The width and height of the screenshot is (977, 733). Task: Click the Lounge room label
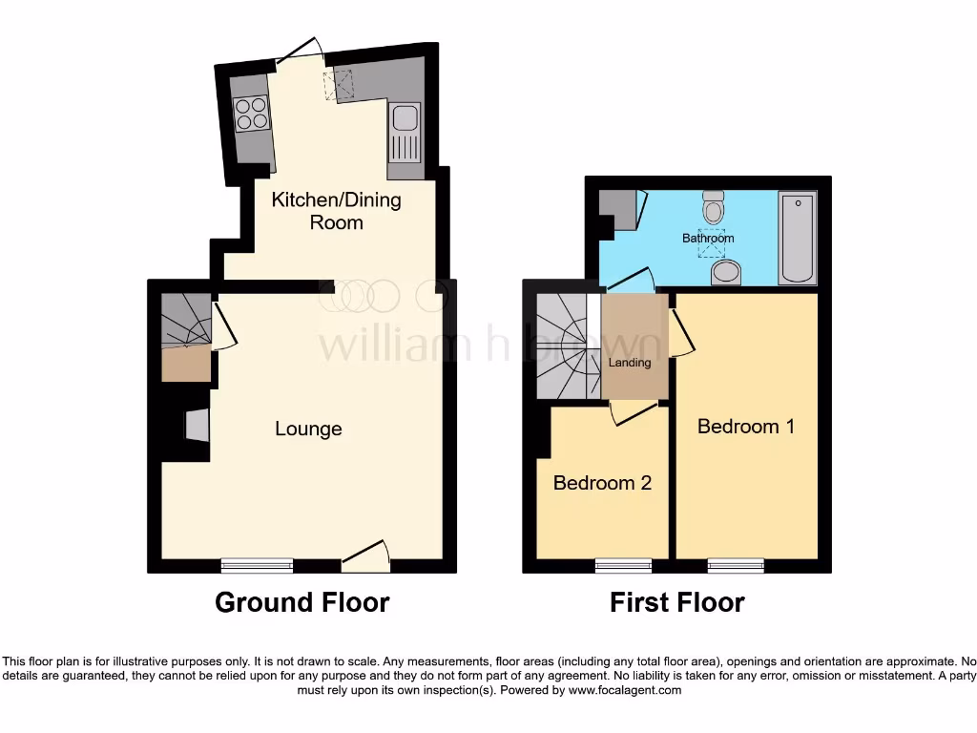point(308,429)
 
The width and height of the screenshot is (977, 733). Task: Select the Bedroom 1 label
point(745,426)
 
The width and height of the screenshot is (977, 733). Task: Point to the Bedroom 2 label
point(602,483)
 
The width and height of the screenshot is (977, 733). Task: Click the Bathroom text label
point(708,238)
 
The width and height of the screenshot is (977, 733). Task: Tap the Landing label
point(630,363)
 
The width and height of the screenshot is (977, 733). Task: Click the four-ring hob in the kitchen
point(253,115)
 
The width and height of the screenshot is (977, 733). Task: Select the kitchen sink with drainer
point(405,134)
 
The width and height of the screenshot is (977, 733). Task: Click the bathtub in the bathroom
point(797,238)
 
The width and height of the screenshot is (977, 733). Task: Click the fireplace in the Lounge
point(196,426)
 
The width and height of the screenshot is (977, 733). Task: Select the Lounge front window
point(257,565)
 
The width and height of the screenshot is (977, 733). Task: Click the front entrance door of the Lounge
point(366,558)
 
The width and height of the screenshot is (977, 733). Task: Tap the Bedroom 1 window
point(736,565)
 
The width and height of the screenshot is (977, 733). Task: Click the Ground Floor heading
point(301,603)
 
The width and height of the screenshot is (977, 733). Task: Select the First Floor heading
point(677,603)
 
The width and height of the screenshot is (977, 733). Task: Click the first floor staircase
point(563,344)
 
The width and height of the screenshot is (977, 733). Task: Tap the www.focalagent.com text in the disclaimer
point(624,690)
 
